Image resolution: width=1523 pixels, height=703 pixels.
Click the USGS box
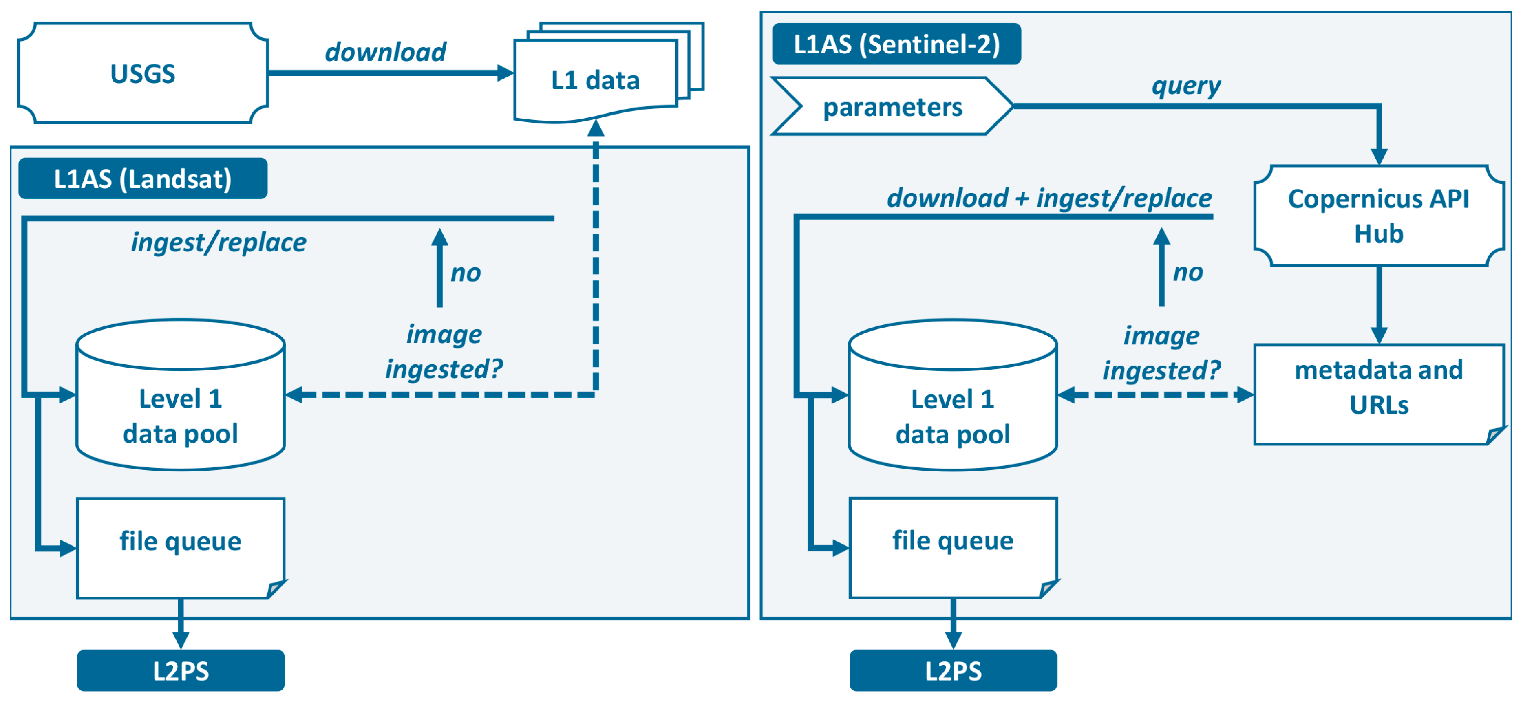(x=143, y=73)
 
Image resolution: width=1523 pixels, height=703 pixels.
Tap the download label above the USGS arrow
(x=386, y=52)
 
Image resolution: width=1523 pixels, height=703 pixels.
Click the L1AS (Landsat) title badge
(x=143, y=179)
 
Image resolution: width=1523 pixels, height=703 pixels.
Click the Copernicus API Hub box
(x=1378, y=216)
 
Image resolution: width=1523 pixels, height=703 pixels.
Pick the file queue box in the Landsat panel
(x=180, y=547)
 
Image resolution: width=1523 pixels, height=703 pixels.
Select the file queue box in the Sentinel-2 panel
(x=952, y=547)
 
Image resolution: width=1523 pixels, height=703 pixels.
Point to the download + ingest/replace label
(x=1049, y=198)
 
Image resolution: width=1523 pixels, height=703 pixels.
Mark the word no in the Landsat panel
(x=466, y=273)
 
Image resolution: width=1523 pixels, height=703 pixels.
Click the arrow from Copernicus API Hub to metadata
(x=1379, y=304)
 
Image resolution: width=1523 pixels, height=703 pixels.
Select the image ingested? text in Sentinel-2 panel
(x=1161, y=353)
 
